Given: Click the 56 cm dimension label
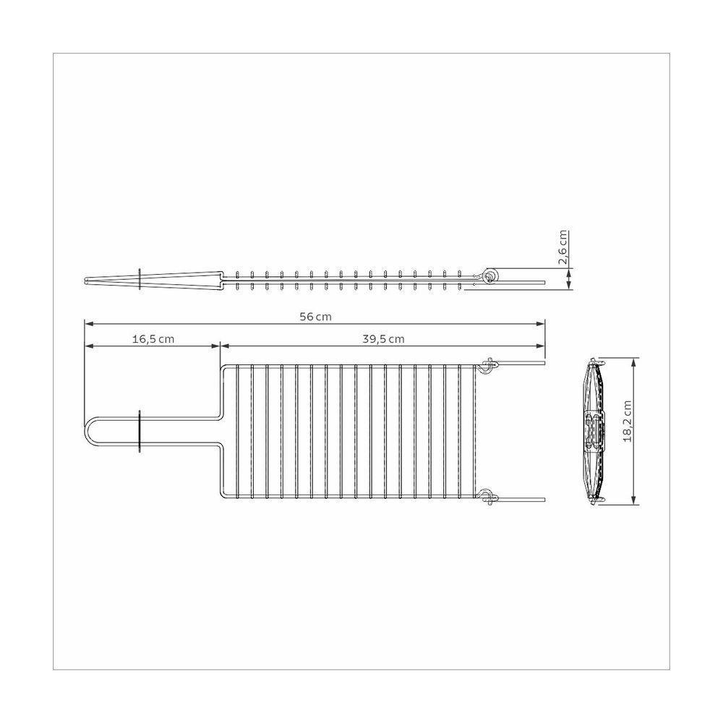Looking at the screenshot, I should (x=315, y=316).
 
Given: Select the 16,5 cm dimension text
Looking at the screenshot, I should (x=153, y=338).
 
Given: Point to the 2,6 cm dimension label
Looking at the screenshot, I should (x=564, y=248).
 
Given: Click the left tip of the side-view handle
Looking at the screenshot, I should (x=87, y=279).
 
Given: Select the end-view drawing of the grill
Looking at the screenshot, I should (x=594, y=432).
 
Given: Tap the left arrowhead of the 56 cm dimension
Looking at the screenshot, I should (x=87, y=324).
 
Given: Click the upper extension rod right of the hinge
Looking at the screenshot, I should (x=521, y=365).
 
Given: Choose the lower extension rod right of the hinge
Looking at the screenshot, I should (x=521, y=498).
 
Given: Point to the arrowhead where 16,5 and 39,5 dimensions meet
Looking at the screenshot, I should (x=220, y=346).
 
